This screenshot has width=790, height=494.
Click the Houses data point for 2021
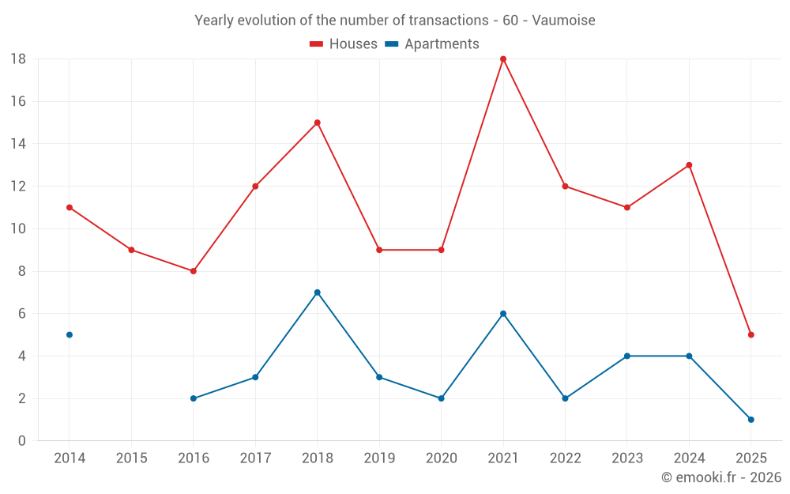point(503,59)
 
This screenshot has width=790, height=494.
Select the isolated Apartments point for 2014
point(70,335)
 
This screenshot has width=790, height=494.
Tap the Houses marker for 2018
point(317,123)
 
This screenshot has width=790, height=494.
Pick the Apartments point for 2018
point(317,292)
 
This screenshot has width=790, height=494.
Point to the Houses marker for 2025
point(750,335)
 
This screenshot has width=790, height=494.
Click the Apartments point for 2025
point(750,420)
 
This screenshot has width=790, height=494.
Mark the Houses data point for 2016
point(194,271)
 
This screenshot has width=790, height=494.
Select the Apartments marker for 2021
point(503,314)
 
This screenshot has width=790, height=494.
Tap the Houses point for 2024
point(689,165)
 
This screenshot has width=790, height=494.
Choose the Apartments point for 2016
point(194,398)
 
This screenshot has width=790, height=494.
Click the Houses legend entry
point(344,44)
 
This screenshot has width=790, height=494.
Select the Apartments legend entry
point(433,44)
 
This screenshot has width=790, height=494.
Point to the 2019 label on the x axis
point(379,458)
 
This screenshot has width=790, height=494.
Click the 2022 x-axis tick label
point(565,458)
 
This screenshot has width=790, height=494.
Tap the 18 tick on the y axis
point(18,59)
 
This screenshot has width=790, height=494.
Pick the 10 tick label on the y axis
point(18,229)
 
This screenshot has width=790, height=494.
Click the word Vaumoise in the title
point(563,20)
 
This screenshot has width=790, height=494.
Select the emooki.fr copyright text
point(721,477)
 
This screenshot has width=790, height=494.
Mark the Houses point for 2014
point(70,207)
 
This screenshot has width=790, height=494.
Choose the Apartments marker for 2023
point(627,356)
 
